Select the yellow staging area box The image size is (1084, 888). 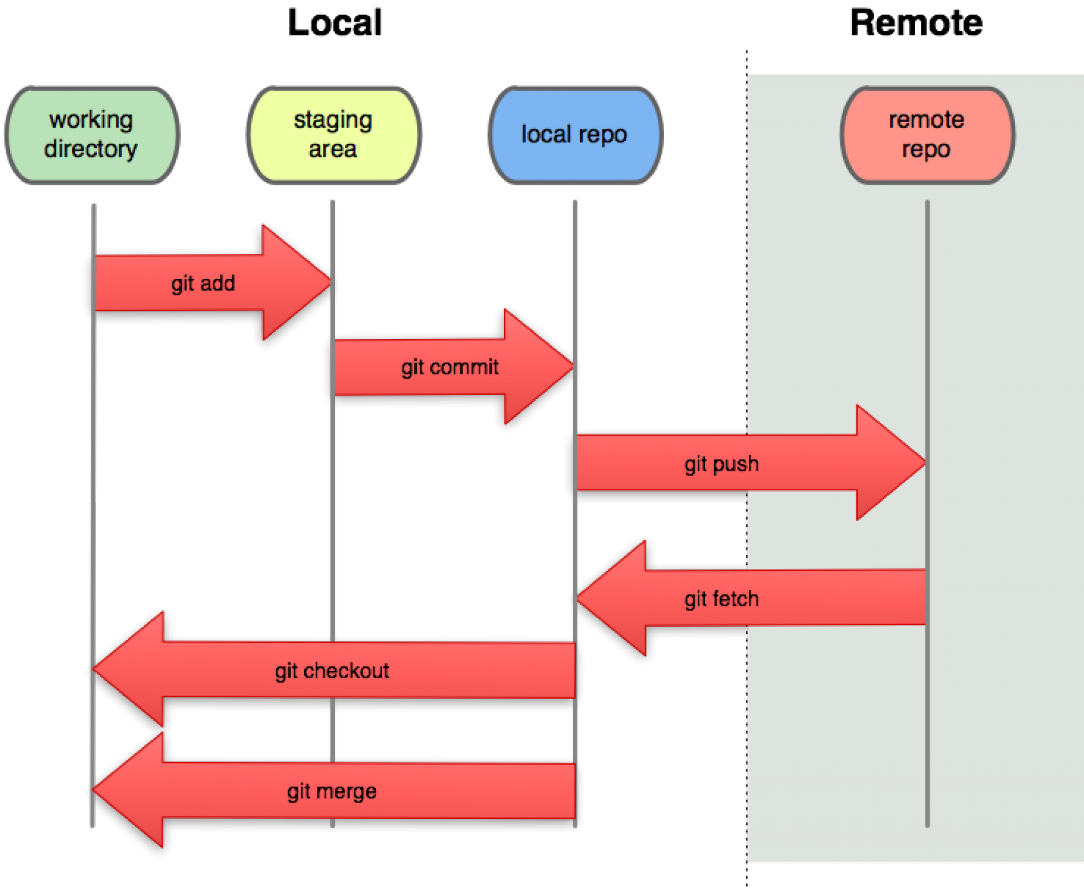pyautogui.click(x=334, y=135)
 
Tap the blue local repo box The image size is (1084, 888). pyautogui.click(x=575, y=135)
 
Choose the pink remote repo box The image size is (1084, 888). pyautogui.click(x=927, y=135)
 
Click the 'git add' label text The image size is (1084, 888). pyautogui.click(x=203, y=283)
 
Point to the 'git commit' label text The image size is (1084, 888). pyautogui.click(x=450, y=367)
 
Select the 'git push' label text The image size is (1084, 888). pyautogui.click(x=721, y=464)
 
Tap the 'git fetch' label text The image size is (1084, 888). pyautogui.click(x=721, y=599)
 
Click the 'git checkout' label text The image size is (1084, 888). pyautogui.click(x=332, y=671)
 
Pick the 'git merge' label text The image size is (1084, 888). pyautogui.click(x=332, y=791)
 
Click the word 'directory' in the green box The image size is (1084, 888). pyautogui.click(x=91, y=149)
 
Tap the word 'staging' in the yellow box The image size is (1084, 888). pyautogui.click(x=333, y=120)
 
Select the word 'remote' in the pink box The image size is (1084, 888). pyautogui.click(x=927, y=120)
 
